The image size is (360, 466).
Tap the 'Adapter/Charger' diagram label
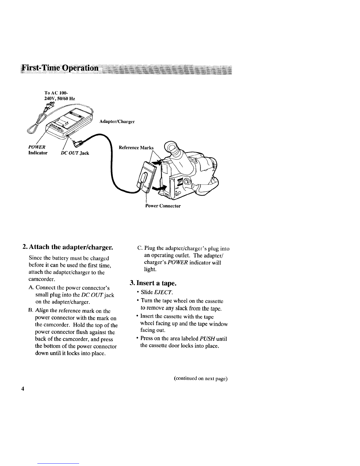[x=117, y=122]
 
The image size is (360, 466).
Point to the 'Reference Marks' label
[x=136, y=147]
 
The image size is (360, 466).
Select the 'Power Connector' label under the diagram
[x=163, y=206]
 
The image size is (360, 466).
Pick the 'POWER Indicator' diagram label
[x=38, y=150]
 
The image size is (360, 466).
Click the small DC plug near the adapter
[x=78, y=144]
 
